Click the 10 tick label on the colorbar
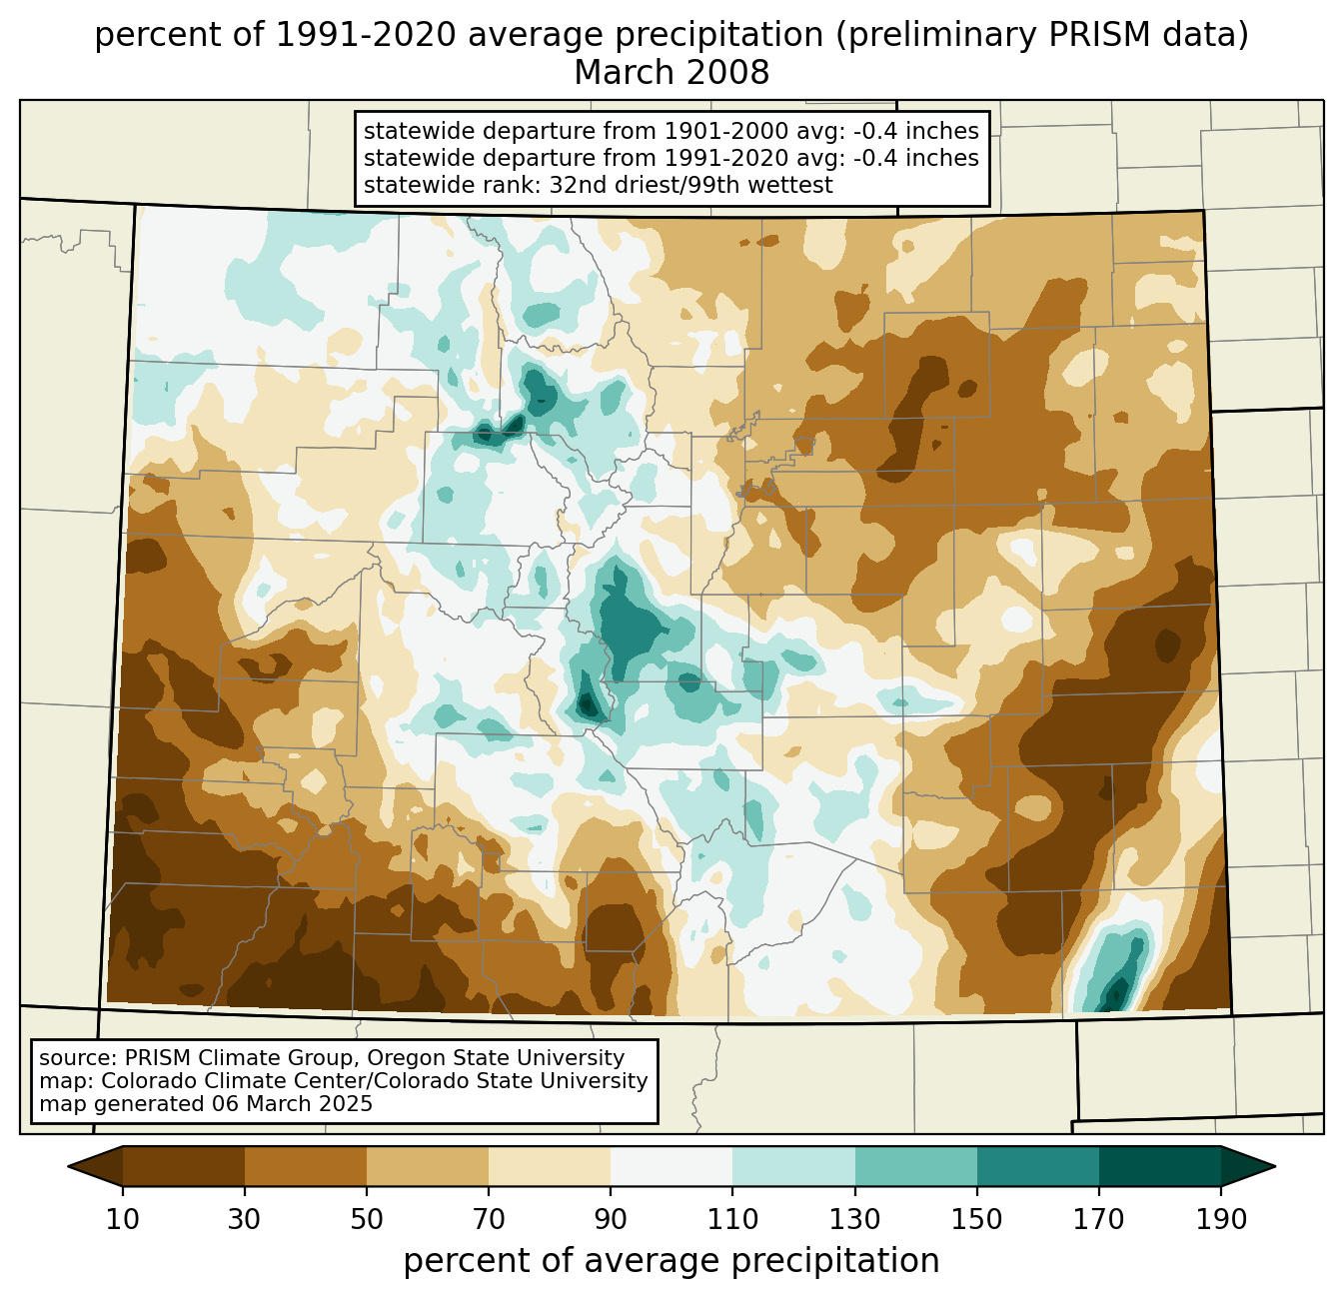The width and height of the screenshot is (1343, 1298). coord(122,1220)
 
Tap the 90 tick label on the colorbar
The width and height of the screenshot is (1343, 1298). coord(611,1220)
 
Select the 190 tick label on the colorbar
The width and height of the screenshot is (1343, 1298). coord(1221,1220)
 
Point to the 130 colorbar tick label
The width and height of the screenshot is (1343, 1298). coord(854,1220)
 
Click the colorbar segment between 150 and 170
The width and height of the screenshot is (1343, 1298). coord(1038,1166)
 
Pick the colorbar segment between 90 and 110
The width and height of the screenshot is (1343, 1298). coord(671,1166)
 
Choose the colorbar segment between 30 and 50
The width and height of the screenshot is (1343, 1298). coord(305,1166)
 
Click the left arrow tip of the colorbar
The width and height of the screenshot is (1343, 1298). coord(68,1166)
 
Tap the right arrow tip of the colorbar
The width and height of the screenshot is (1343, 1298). coord(1275,1166)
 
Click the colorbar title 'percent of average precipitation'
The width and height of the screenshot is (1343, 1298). coord(671,1261)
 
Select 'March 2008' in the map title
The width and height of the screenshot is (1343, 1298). coord(671,72)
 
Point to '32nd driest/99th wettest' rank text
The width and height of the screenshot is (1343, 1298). coord(690,185)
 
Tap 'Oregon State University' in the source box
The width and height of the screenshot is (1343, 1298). coord(496,1058)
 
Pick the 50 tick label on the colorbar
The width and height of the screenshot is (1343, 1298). coord(367,1220)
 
